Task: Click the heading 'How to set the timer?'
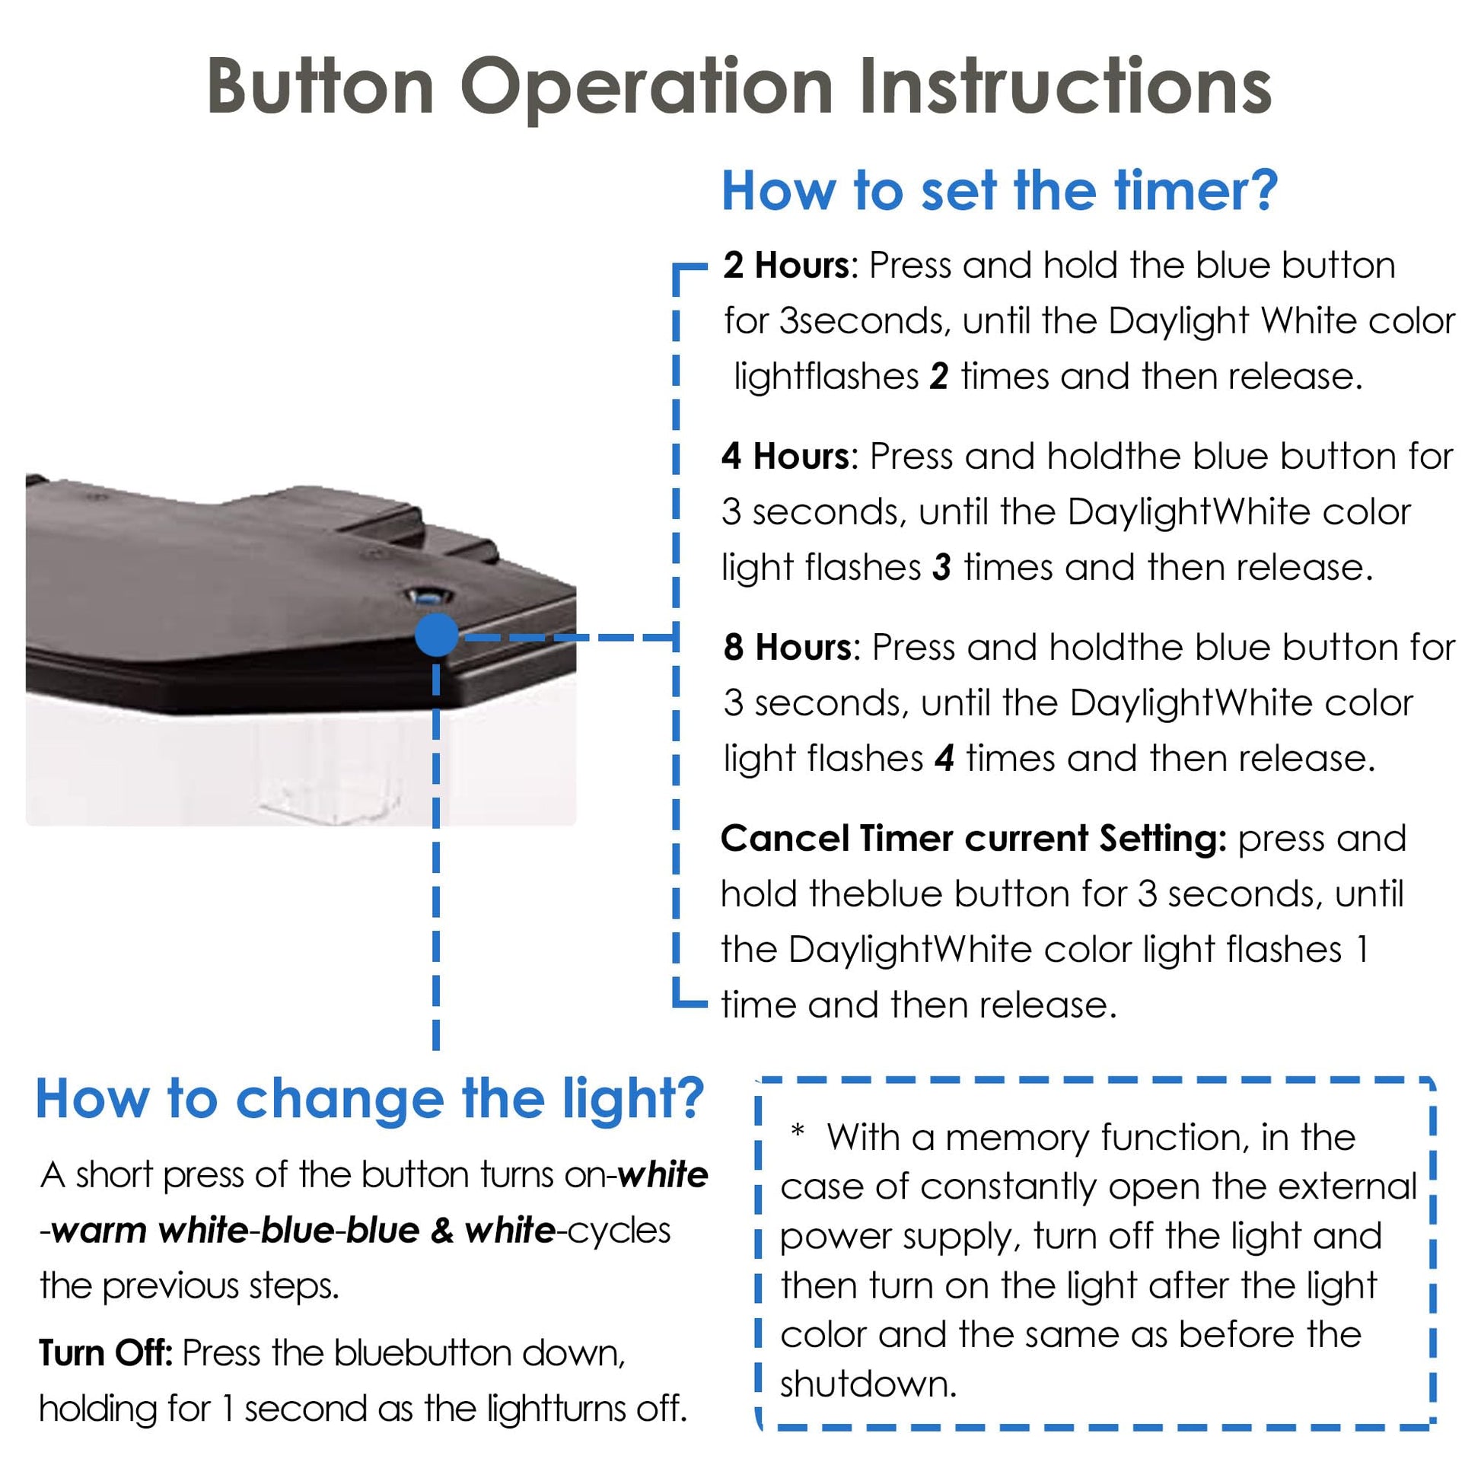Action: coord(999,191)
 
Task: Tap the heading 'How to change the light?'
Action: coord(369,1100)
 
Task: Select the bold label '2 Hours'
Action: coord(785,266)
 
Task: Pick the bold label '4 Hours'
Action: coord(785,457)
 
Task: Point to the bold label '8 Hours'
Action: coord(787,648)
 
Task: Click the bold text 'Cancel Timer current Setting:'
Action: coord(973,839)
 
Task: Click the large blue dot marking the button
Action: coord(436,635)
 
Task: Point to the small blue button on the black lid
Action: coord(424,596)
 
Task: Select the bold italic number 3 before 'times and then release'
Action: coord(942,568)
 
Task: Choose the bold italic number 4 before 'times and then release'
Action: coord(944,759)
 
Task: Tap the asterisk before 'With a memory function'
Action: coord(798,1132)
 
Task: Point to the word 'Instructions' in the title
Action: coord(1066,88)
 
